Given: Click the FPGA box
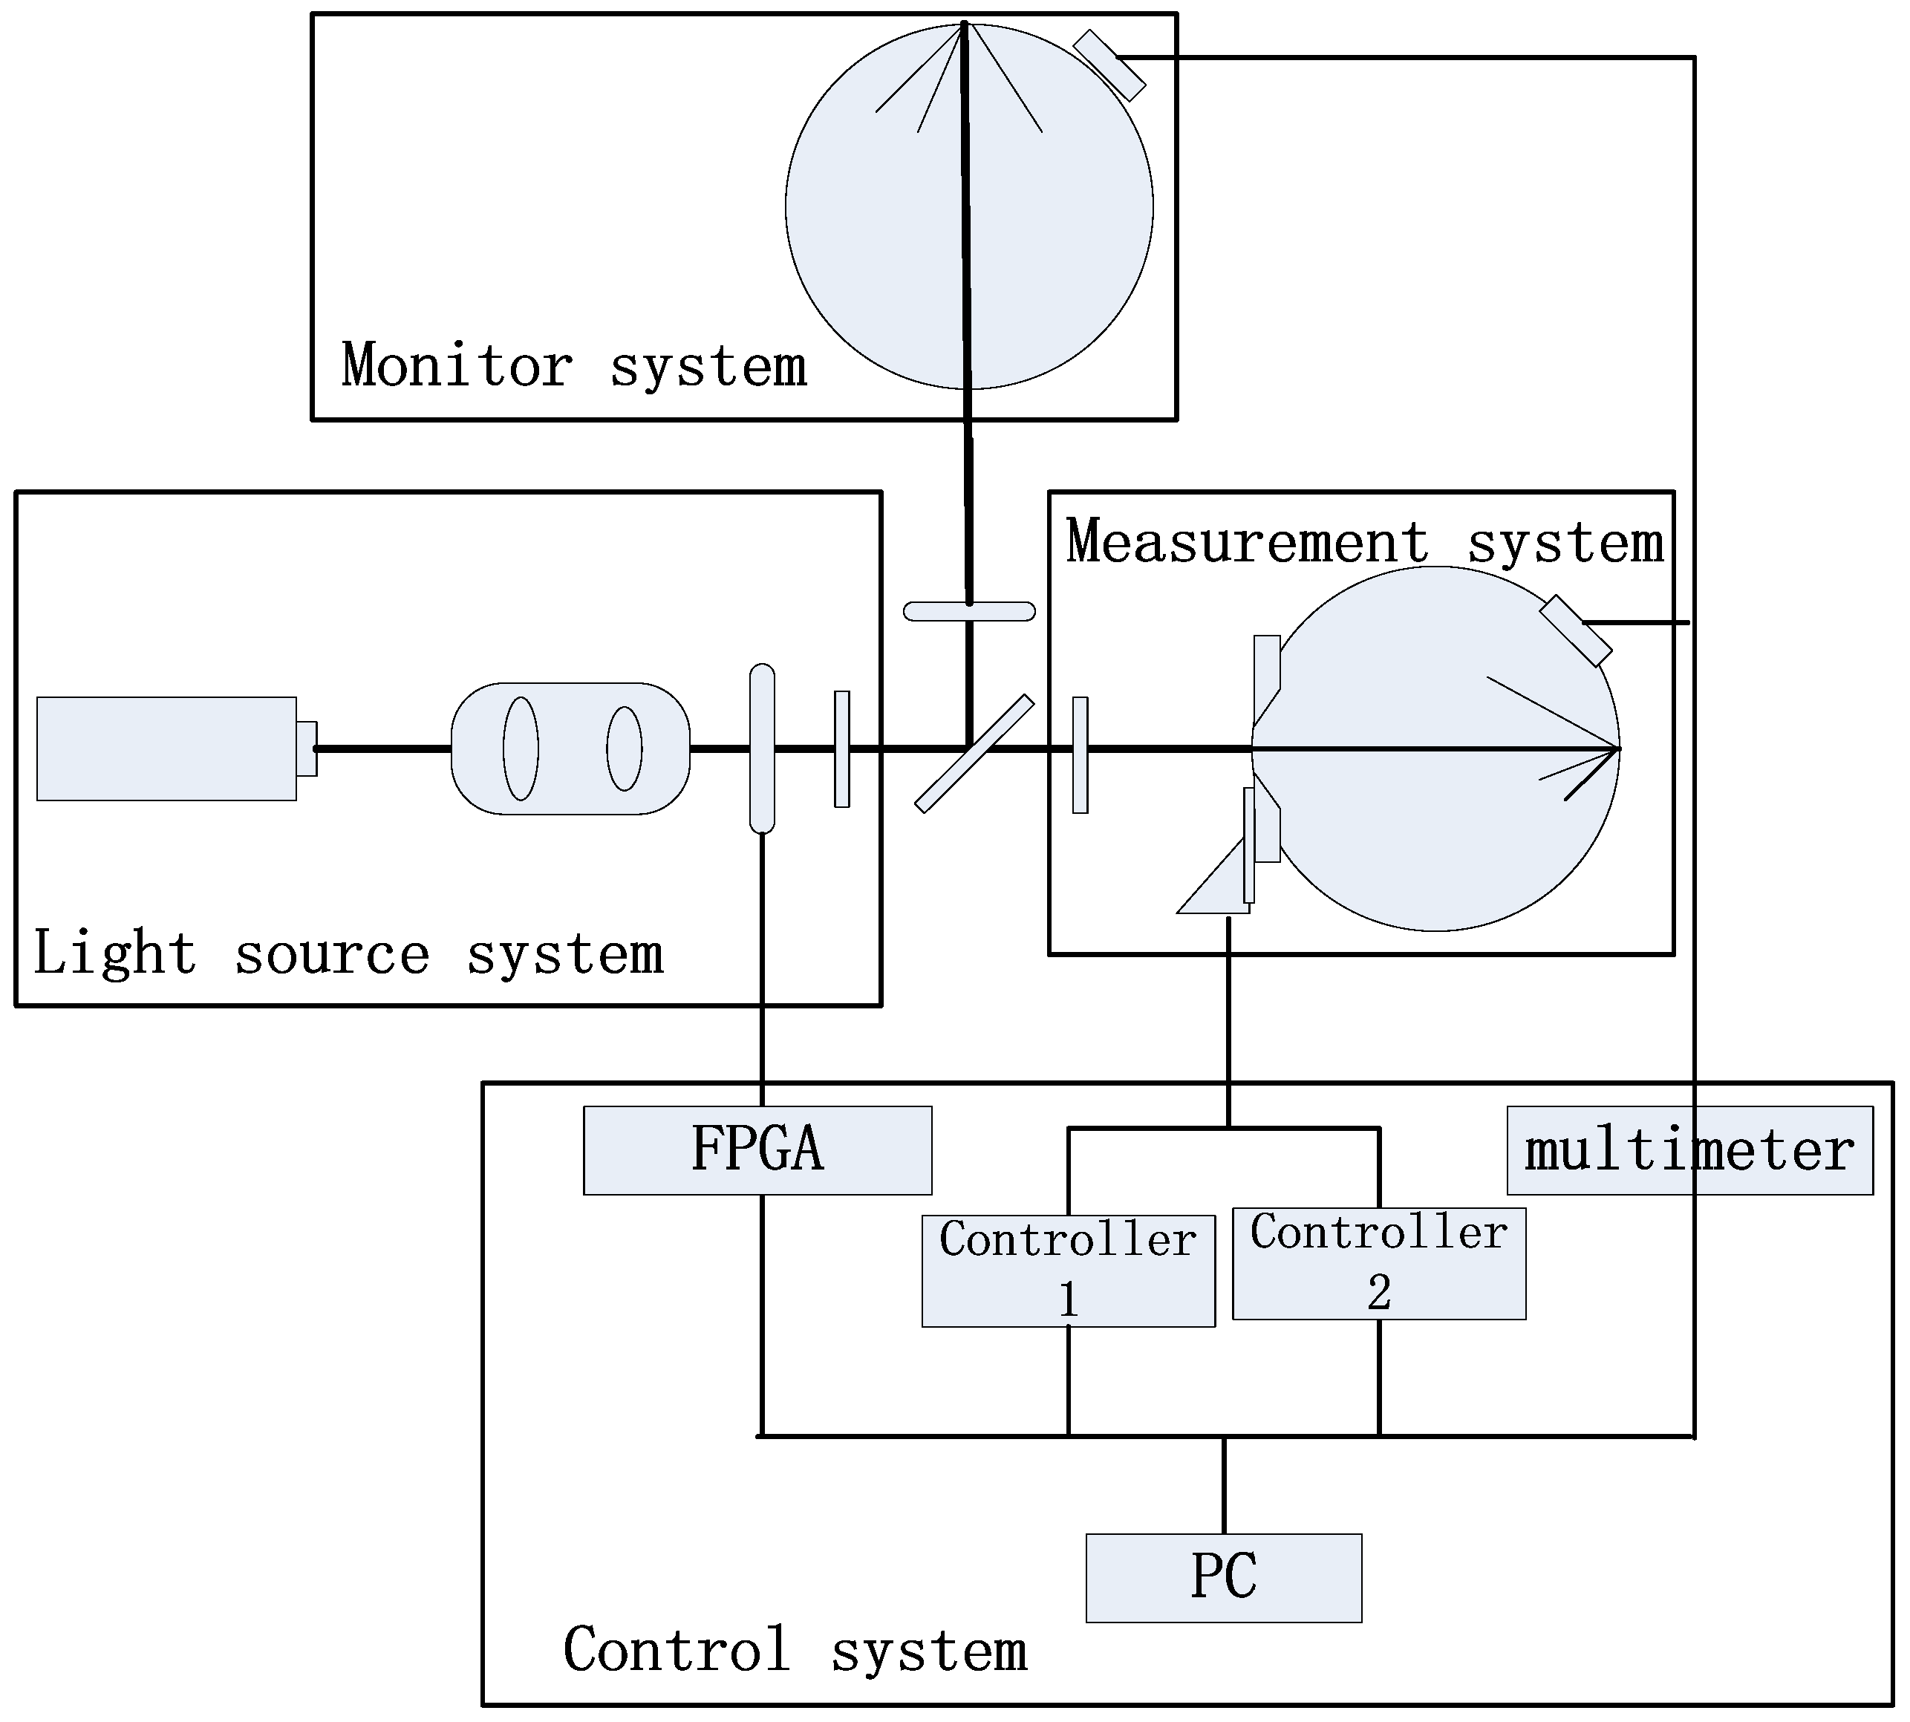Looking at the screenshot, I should click(757, 1149).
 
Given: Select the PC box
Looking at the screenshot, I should click(1223, 1577).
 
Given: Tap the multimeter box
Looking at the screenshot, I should click(1689, 1149).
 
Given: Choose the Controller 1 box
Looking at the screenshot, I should click(1068, 1270).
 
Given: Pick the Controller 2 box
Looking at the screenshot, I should click(1378, 1263).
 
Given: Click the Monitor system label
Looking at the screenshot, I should click(573, 366).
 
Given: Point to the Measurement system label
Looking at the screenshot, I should click(1363, 542).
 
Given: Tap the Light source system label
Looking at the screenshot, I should click(348, 953).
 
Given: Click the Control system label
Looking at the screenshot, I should click(795, 1650).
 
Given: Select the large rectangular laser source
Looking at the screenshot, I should click(166, 749).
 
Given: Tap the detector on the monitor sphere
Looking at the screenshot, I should click(1109, 65).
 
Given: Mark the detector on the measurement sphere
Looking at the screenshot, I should click(1575, 630).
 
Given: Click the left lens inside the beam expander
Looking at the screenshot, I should click(521, 749).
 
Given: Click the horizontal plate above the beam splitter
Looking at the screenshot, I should click(968, 611).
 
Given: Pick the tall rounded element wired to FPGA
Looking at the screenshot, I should click(761, 749).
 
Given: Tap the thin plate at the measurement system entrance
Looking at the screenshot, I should click(1080, 754).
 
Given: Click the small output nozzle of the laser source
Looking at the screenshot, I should click(307, 749).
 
